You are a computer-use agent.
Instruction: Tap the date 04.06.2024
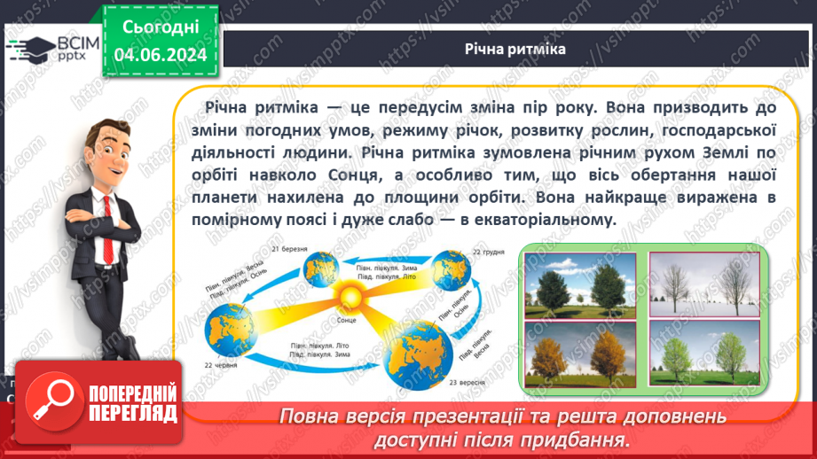(x=161, y=56)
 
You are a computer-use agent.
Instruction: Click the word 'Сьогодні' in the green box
(x=161, y=28)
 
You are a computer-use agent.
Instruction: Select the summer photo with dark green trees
(x=579, y=283)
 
